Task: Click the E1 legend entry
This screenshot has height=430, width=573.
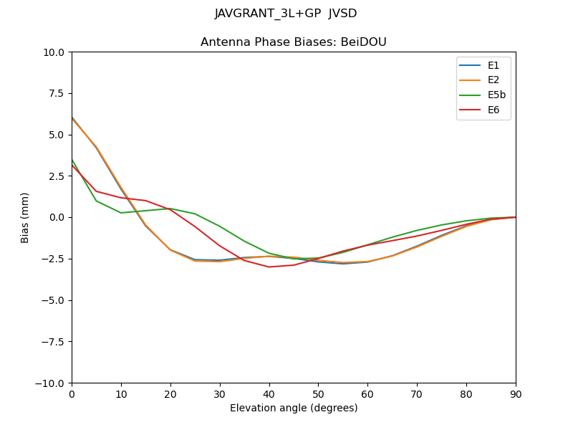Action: click(x=483, y=66)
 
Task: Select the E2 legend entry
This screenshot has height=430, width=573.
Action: click(x=483, y=80)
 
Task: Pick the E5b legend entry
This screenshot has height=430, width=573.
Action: click(x=483, y=95)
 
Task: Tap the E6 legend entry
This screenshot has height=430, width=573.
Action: click(x=483, y=110)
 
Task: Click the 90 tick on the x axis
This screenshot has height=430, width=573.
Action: click(x=516, y=394)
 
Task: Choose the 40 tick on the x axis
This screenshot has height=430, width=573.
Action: click(x=269, y=394)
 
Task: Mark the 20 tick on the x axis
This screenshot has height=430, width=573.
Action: click(x=170, y=394)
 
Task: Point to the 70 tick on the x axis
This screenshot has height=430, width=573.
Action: click(x=417, y=394)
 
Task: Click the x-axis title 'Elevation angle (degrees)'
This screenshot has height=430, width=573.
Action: click(x=294, y=408)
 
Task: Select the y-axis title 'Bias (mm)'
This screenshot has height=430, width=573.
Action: click(x=25, y=217)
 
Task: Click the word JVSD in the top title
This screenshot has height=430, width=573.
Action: click(x=342, y=14)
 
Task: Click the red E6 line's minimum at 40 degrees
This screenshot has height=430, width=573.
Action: click(x=269, y=267)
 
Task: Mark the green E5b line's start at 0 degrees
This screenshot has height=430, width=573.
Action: click(x=72, y=160)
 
